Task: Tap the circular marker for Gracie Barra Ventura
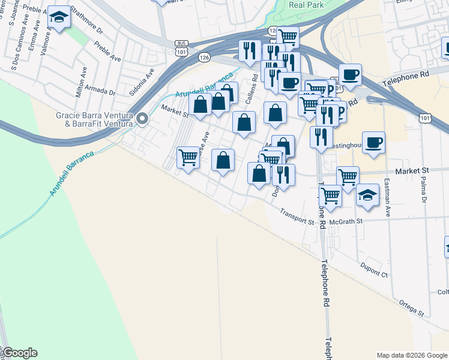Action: coord(142,119)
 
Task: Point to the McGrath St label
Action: coord(349,221)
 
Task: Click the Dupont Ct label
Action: coord(374,269)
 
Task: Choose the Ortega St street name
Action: coord(412,309)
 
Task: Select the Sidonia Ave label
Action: coord(141,82)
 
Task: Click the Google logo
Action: coord(19,353)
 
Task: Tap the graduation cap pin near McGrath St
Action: coord(367,194)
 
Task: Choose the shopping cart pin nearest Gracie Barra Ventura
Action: coord(188,158)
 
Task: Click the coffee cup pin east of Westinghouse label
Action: coord(373,142)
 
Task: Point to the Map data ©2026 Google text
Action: coord(412,355)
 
